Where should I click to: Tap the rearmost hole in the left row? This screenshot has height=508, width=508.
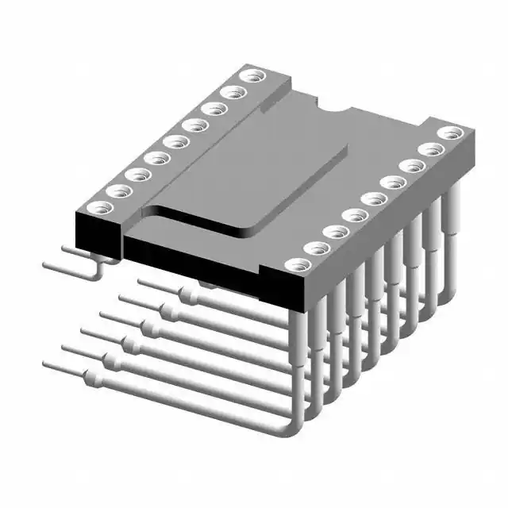click(x=254, y=77)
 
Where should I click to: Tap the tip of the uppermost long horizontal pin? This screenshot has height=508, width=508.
click(x=141, y=281)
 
